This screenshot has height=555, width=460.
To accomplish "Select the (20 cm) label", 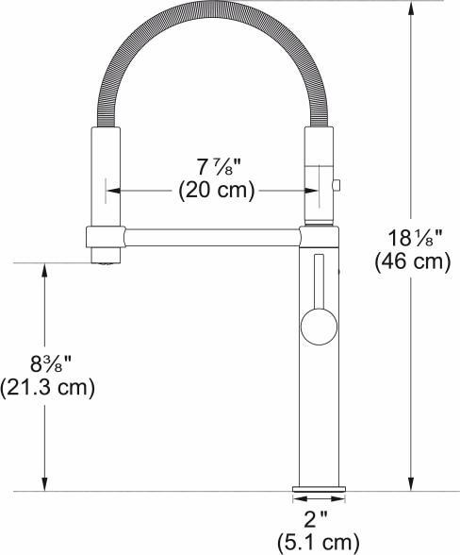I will click(x=216, y=190).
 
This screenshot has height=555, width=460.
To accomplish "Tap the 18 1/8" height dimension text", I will click(x=411, y=237).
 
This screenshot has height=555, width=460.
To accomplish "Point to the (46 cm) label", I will click(x=411, y=261).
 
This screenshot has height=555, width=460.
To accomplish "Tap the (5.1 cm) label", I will click(x=318, y=542).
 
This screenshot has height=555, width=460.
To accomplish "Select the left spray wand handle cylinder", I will click(x=104, y=175).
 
